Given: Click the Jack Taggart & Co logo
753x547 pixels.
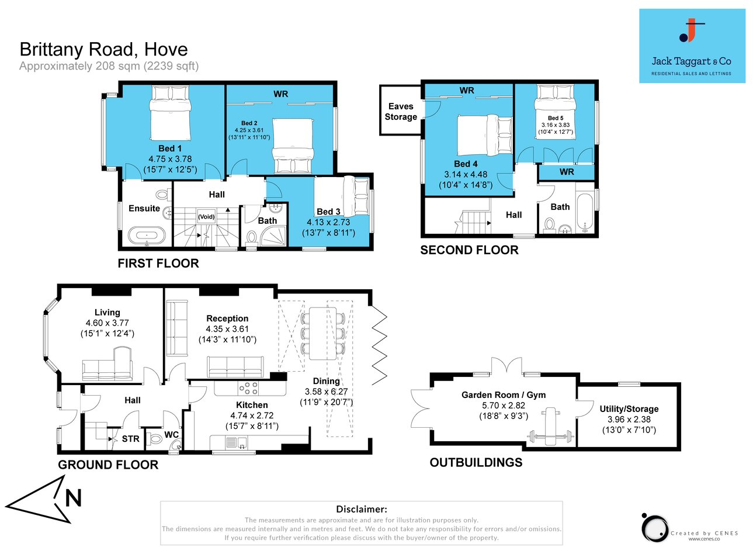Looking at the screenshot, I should (x=692, y=46).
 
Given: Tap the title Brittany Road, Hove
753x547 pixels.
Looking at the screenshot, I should (x=103, y=49).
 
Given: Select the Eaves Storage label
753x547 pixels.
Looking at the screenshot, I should (x=401, y=112).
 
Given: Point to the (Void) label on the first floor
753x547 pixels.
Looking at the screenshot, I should (x=206, y=216).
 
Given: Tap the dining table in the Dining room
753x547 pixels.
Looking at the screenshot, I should (x=322, y=333).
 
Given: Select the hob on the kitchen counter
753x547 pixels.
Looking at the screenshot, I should (x=248, y=388).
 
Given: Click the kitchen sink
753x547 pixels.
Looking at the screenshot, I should (x=232, y=444).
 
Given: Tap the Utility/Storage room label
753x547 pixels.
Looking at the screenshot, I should (x=629, y=409).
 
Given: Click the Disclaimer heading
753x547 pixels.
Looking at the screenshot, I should (x=362, y=510).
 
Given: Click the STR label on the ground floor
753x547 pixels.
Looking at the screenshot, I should (x=130, y=439).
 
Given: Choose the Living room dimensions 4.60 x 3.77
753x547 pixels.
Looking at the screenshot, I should (x=107, y=323).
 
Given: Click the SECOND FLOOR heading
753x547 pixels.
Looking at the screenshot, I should (x=469, y=250).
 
